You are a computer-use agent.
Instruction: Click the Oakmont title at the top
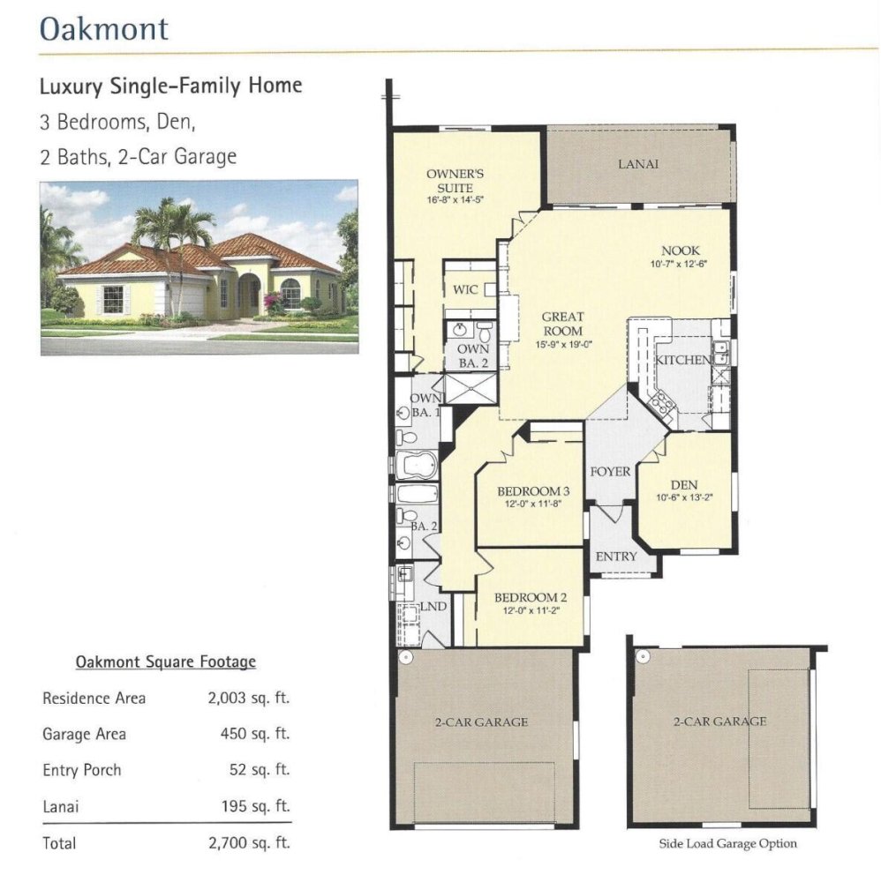pos(104,28)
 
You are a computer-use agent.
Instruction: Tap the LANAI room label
pos(638,164)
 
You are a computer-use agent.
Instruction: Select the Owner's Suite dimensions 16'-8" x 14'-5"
pos(455,199)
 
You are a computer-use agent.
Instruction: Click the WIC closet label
pos(465,289)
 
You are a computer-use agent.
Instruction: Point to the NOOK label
pos(680,250)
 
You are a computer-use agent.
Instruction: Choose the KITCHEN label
pos(683,360)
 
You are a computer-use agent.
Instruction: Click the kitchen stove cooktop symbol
pos(661,402)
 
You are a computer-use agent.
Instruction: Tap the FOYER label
pos(610,471)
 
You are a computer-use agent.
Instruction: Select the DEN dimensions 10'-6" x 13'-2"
pos(684,497)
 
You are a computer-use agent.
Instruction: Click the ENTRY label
pos(616,557)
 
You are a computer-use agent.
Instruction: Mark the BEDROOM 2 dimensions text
pos(531,610)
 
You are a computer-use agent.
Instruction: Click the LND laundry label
pos(433,607)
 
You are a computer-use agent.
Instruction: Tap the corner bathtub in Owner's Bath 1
pos(417,465)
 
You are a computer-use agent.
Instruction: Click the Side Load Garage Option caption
pos(728,844)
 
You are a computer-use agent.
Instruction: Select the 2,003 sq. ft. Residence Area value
pos(248,698)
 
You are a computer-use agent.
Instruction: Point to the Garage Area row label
pos(85,734)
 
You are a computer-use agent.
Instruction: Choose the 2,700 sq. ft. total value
pos(249,842)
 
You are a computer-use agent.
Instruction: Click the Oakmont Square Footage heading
pos(165,661)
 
